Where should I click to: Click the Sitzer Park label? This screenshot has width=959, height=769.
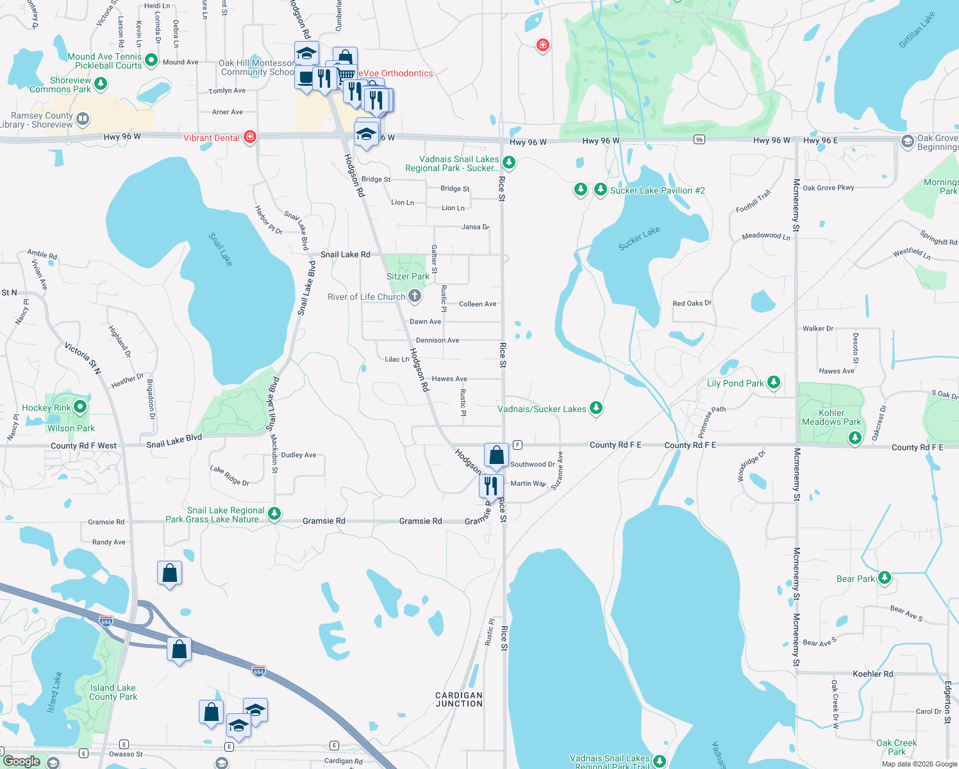(408, 276)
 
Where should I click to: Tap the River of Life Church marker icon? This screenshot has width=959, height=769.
(415, 296)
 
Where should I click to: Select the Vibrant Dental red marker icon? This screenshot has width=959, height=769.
(250, 137)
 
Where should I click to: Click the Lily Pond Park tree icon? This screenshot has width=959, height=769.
(774, 383)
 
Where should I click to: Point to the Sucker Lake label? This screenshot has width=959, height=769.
(638, 238)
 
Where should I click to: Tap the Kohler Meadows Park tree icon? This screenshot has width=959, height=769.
(855, 438)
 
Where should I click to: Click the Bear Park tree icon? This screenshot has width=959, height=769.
(885, 578)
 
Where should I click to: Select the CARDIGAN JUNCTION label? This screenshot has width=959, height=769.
(459, 699)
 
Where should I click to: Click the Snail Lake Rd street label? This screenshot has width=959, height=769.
(346, 254)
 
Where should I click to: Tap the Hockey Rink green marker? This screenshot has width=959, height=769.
(80, 407)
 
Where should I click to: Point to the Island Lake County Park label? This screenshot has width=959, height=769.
(113, 692)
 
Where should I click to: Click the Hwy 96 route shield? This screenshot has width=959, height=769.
(699, 140)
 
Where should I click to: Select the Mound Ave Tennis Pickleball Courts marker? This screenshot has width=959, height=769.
(151, 60)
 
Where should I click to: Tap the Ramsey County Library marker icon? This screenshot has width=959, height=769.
(83, 119)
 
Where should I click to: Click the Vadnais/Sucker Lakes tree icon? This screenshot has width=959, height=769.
(596, 408)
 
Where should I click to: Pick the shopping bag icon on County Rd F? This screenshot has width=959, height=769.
(496, 456)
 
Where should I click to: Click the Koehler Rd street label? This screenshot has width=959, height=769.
(872, 674)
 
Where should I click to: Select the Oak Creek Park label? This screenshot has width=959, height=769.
(896, 747)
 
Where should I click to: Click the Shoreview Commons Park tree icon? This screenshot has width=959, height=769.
(101, 84)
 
